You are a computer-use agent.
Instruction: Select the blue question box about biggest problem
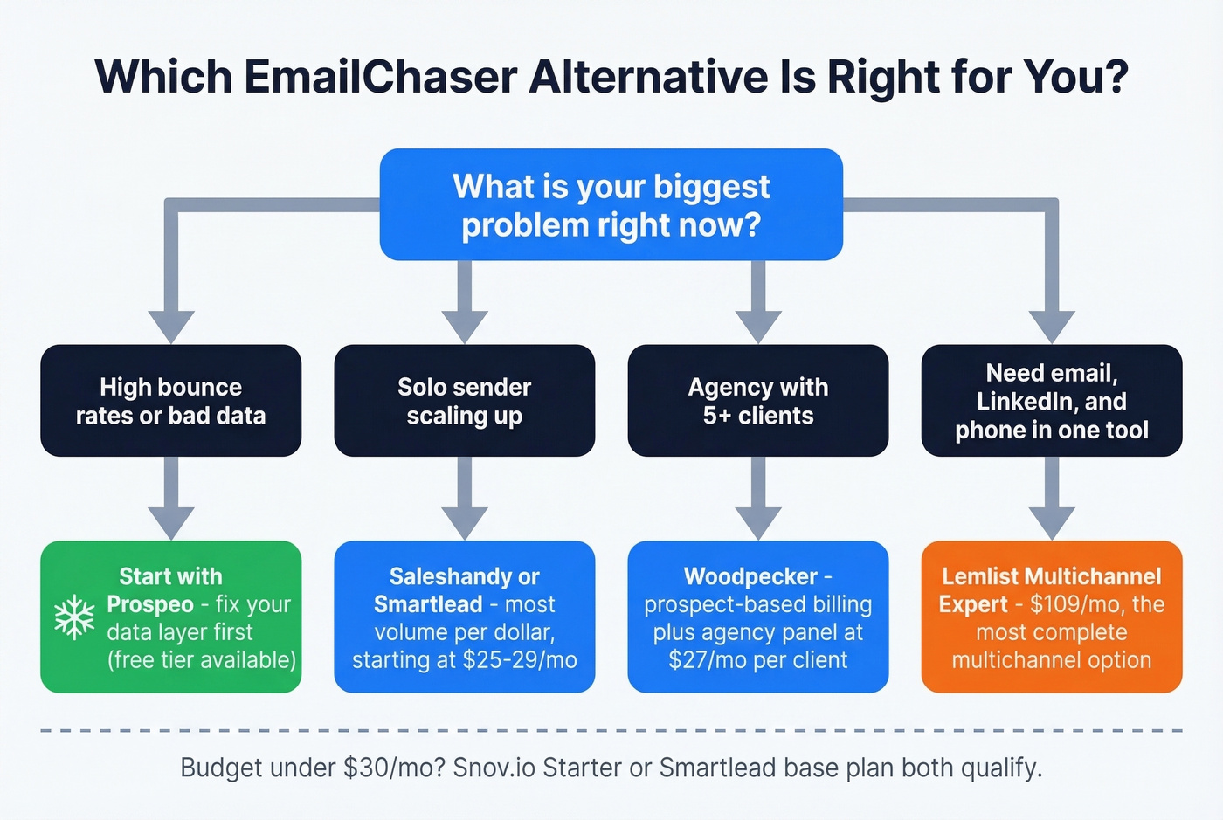tap(611, 204)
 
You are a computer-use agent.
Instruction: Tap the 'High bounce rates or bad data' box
tap(171, 401)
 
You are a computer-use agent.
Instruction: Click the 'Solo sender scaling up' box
tap(464, 401)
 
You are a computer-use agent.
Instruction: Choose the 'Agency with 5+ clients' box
tap(757, 401)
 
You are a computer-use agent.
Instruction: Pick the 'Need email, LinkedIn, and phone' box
tap(1051, 401)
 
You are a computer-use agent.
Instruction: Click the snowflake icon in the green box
tap(74, 617)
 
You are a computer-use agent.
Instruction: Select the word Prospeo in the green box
tap(149, 604)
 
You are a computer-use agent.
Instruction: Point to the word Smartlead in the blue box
tap(428, 604)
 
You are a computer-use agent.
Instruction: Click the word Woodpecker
tap(750, 576)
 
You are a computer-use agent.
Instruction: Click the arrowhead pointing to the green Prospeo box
tap(171, 522)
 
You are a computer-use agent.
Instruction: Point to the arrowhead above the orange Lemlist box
tap(1052, 522)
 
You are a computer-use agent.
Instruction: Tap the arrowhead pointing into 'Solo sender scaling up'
tap(465, 327)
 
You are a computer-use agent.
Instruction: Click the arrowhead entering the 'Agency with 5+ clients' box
tap(758, 327)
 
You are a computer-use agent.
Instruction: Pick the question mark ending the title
tap(1115, 77)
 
